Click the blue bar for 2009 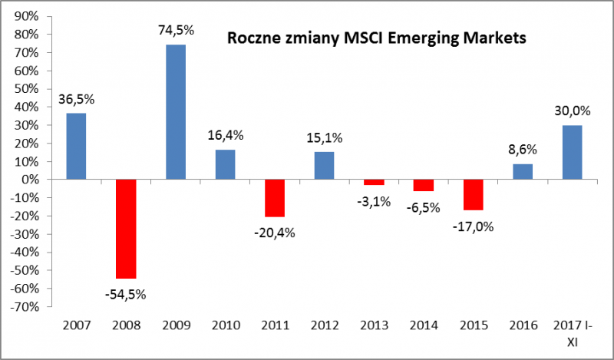175,112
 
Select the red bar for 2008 126,229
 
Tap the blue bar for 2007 76,146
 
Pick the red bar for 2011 275,198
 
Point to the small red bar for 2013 374,182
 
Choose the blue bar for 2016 523,171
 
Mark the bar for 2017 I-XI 572,152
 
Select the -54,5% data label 127,293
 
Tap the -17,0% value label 473,226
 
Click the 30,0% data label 572,111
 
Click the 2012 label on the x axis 324,325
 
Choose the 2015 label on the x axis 473,325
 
